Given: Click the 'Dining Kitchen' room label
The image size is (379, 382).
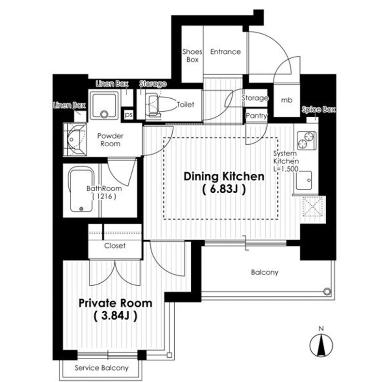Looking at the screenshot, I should (224, 176).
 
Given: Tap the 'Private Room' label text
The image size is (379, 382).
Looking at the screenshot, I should (115, 303).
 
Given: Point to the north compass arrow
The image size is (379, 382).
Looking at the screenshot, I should (320, 345).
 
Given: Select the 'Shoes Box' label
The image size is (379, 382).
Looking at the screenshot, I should (191, 56).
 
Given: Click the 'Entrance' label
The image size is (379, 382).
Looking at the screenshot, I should (225, 52).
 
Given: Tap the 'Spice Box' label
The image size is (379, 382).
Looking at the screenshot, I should (318, 110).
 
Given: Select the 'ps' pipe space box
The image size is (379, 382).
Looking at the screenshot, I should (128, 115).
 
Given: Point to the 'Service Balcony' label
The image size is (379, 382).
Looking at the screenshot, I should (102, 368).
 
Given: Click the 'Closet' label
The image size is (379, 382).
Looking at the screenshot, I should (115, 245).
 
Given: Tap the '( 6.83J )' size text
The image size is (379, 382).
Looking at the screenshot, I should (224, 190).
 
